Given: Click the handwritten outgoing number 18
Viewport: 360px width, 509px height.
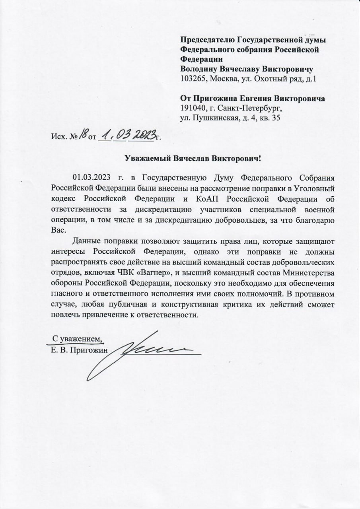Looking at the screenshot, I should click(83, 136).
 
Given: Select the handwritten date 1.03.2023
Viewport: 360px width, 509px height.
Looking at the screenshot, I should click(126, 136).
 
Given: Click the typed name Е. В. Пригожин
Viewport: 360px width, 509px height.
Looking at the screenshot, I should click(77, 350).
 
